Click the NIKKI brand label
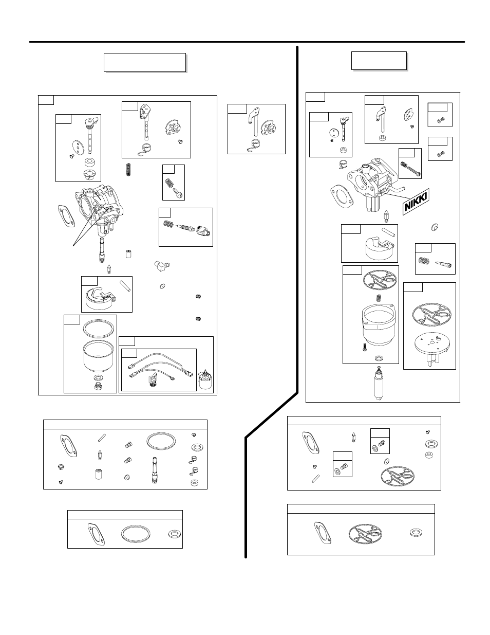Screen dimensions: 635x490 click(415, 202)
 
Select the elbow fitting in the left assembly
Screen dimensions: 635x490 click(161, 266)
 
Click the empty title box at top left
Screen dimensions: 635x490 click(144, 62)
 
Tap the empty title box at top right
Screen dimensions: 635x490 click(379, 60)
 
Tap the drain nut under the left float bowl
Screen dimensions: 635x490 click(98, 386)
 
